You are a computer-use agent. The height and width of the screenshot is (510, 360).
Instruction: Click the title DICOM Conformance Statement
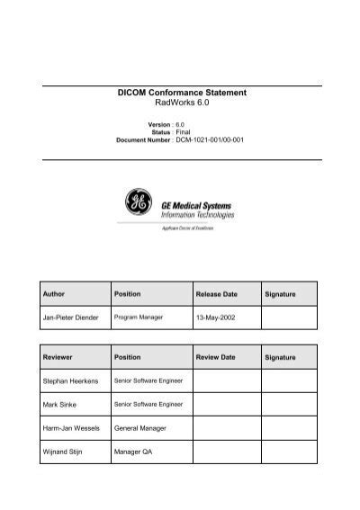pyautogui.click(x=182, y=93)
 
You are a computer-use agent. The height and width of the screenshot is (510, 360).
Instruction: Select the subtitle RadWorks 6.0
pyautogui.click(x=182, y=104)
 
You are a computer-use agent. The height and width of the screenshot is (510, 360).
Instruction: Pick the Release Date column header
pyautogui.click(x=216, y=295)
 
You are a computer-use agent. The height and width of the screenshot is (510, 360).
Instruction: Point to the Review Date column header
pyautogui.click(x=215, y=357)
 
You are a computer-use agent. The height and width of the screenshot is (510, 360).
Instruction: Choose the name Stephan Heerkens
pyautogui.click(x=69, y=382)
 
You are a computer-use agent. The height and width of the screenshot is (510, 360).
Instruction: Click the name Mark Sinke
pyautogui.click(x=60, y=406)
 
